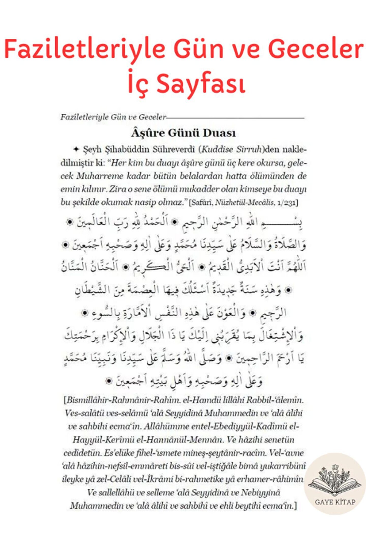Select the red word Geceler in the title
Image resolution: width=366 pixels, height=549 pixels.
[x=316, y=49]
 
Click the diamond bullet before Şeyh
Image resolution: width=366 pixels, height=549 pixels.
[x=76, y=149]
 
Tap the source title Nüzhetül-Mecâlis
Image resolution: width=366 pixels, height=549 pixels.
[x=245, y=203]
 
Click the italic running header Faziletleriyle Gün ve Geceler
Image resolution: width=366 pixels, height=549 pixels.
[x=113, y=117]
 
